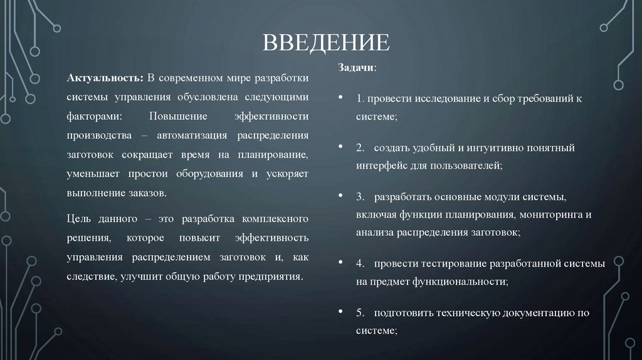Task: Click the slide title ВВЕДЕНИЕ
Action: point(325,44)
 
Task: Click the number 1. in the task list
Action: point(360,99)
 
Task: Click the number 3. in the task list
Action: point(360,197)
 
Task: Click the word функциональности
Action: point(460,282)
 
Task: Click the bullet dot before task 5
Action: point(340,312)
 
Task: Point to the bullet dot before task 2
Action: point(340,147)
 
